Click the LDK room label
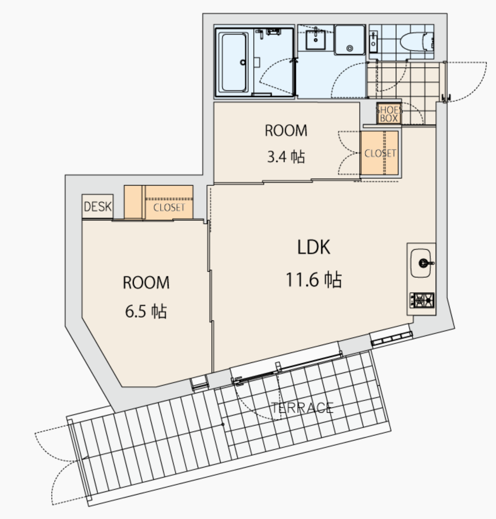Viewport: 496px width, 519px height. (313, 247)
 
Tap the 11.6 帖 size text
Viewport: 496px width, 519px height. (313, 279)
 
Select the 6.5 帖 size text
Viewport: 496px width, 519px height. (146, 311)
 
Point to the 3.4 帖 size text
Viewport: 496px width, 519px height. (286, 156)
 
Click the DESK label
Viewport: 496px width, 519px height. (98, 207)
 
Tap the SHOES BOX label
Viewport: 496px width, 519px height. (389, 114)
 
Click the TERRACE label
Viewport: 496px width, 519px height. (302, 408)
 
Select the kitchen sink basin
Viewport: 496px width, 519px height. (421, 263)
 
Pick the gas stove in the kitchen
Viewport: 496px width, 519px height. (422, 300)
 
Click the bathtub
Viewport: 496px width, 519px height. (234, 62)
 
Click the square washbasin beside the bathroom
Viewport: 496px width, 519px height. (316, 39)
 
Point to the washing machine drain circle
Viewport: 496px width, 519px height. (349, 48)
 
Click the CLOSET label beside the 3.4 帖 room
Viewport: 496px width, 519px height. (380, 153)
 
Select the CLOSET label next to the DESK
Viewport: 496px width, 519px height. (169, 208)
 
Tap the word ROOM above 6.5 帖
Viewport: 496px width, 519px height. (146, 283)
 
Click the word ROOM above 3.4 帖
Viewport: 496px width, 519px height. (286, 131)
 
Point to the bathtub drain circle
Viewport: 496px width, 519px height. (243, 62)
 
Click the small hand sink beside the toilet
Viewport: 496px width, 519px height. (373, 41)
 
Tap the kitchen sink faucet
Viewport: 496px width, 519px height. (426, 263)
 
